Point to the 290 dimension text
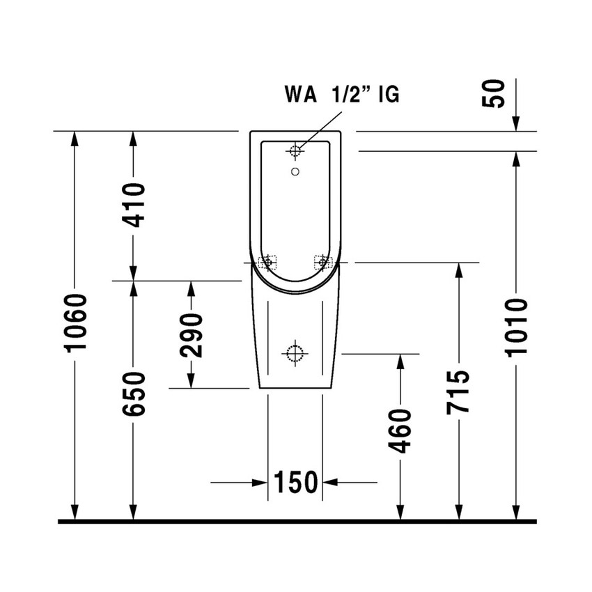coord(192,335)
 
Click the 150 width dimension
coord(295,482)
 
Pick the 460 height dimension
coord(400,430)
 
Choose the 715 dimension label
coord(458,392)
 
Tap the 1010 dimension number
coord(517,327)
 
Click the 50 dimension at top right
coord(494,93)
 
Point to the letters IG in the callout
coord(389,94)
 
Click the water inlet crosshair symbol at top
coord(295,150)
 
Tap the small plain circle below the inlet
coord(295,172)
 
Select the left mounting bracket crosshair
coord(267,262)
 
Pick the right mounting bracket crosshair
coord(322,262)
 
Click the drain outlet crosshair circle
coord(295,354)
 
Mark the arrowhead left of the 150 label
coord(260,482)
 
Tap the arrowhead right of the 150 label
coord(330,482)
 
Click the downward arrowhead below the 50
coord(516,124)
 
